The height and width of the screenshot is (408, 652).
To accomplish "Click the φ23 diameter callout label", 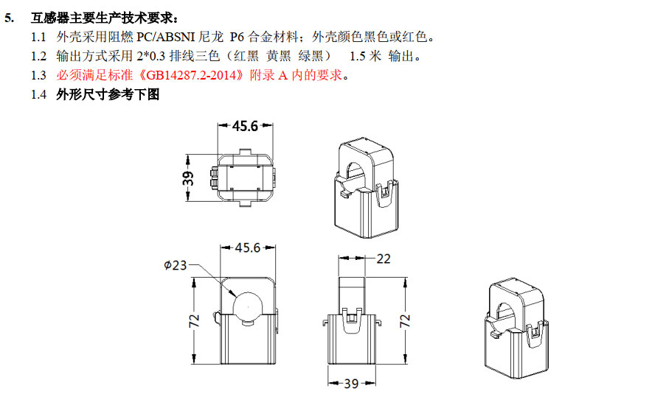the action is pos(175,265).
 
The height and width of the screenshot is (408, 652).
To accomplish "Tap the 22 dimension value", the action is pos(384,259).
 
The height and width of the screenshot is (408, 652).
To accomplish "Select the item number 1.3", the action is pos(38,76).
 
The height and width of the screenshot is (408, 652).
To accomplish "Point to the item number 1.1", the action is pos(38,38).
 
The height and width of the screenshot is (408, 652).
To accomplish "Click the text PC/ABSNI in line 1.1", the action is pos(165,38).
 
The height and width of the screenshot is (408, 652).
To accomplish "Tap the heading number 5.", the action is pos(9,18).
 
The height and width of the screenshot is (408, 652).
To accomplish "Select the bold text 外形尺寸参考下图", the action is pos(108,94).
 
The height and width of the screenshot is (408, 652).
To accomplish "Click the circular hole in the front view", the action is pos(249,306).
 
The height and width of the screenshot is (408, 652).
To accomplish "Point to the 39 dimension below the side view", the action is pos(351,384).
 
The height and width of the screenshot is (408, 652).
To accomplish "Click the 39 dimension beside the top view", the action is pos(188,178).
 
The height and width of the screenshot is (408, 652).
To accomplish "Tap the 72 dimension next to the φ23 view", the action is pos(194,321).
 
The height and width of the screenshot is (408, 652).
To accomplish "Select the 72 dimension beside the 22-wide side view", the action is pos(405,321).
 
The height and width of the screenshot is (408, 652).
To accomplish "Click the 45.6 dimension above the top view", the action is pos(245,126).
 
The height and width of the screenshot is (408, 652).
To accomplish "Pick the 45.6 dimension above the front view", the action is pos(247,247).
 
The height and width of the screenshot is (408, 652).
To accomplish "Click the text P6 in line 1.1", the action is pos(237,38).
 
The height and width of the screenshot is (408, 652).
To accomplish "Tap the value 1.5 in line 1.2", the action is pos(357,57).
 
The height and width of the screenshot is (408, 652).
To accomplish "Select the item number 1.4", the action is pos(38,94).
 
